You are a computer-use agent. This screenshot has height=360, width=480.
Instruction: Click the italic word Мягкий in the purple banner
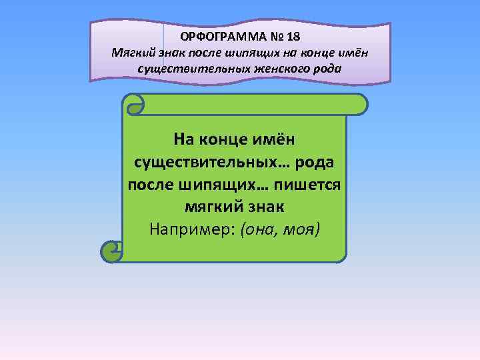133,53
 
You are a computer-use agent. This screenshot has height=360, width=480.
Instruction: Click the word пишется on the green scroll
313,184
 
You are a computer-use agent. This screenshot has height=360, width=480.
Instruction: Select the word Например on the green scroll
183,229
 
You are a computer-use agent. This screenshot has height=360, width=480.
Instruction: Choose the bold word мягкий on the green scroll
206,207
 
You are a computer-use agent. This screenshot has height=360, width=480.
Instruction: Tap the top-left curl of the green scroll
135,104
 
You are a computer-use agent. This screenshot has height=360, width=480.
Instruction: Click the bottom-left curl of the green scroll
111,251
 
